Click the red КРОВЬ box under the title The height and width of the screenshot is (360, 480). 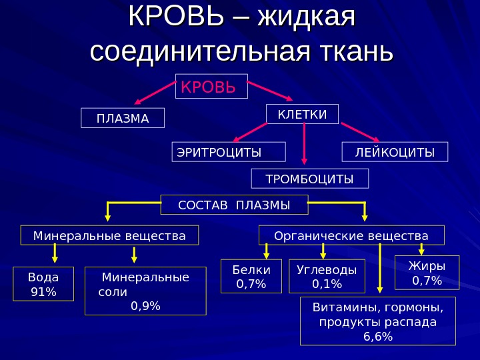coord(211,87)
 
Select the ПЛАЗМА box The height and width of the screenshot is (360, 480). coord(122,118)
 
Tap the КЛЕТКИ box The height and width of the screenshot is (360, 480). coord(302,114)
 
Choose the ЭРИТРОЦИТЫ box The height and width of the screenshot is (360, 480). coord(229,152)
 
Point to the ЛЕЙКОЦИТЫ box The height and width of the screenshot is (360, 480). coord(395,152)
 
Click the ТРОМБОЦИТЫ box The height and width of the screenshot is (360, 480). coord(309,179)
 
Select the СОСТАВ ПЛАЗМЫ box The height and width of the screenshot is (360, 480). coord(235,205)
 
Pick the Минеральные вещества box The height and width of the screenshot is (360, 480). coord(110,236)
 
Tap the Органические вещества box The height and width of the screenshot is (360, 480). coord(352,236)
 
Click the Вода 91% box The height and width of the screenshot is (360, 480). coord(44,283)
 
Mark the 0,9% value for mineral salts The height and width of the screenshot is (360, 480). coord(145,305)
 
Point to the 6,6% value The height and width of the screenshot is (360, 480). coord(378,336)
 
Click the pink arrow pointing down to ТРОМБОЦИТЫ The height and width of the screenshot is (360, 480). coord(304,143)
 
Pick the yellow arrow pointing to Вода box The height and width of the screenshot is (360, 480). coord(55,253)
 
